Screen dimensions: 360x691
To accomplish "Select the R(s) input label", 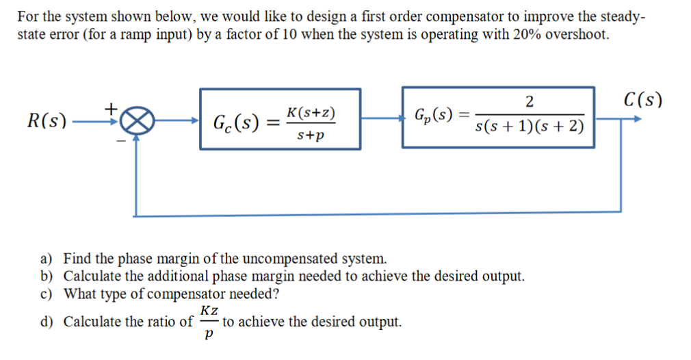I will (x=46, y=123).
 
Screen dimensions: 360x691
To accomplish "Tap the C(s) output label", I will (x=643, y=100).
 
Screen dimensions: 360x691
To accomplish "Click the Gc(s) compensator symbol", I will (x=235, y=124).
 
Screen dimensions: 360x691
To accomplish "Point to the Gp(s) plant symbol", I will (x=436, y=114).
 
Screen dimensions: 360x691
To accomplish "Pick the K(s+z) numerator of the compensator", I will (x=311, y=112).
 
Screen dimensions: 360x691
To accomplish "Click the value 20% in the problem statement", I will (x=524, y=34).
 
